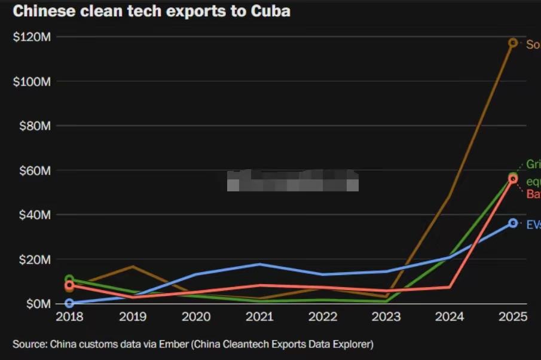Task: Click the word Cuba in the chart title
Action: [x=270, y=11]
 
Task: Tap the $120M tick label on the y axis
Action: [x=32, y=37]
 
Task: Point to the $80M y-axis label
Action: [x=34, y=126]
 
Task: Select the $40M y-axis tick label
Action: [x=34, y=215]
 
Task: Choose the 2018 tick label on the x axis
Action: [x=69, y=317]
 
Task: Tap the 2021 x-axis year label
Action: [x=259, y=317]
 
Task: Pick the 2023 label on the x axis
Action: [x=386, y=317]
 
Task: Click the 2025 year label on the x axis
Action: [x=513, y=317]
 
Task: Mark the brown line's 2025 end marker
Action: [x=513, y=42]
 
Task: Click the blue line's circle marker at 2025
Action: [x=513, y=223]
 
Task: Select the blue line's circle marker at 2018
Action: [x=69, y=303]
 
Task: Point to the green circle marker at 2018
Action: [x=69, y=279]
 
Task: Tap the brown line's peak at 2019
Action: [x=133, y=266]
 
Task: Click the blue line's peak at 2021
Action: [x=259, y=264]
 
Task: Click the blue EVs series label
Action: [x=533, y=225]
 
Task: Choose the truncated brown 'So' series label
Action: [x=533, y=44]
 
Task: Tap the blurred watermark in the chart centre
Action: [x=293, y=180]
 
